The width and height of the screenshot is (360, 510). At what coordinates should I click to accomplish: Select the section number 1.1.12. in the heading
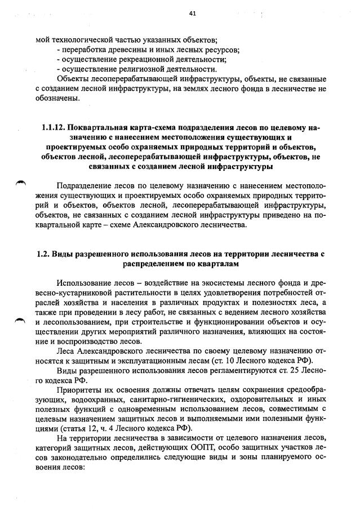click(x=55, y=127)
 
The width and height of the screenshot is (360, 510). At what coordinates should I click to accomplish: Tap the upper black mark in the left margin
click(x=20, y=182)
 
